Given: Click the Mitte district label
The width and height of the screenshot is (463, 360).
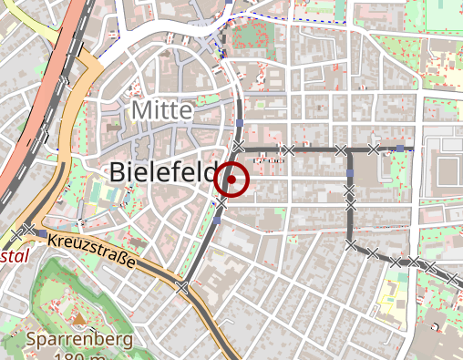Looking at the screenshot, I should [162, 110].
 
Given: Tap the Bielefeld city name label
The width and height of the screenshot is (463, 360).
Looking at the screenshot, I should [161, 172].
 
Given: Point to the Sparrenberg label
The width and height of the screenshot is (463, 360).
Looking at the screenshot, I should [79, 340].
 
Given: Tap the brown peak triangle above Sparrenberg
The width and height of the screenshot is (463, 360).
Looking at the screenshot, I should [79, 320].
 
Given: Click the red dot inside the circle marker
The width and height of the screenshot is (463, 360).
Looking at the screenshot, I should [232, 180].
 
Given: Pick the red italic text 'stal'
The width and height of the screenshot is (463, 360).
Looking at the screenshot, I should [15, 256].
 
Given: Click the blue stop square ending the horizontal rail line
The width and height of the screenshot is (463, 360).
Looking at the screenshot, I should [401, 148].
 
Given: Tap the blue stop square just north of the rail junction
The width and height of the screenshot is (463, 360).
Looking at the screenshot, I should [239, 123].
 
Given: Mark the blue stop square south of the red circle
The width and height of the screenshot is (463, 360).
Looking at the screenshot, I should [217, 220].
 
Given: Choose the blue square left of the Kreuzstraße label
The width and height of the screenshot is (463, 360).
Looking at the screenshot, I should [42, 233].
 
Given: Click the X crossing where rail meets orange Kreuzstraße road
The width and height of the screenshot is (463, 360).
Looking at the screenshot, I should [183, 287].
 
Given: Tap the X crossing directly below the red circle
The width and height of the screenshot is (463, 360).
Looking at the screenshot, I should [223, 201].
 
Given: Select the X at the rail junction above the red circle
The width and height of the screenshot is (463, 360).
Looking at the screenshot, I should [239, 147].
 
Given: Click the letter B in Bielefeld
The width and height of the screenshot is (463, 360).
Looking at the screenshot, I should [118, 172].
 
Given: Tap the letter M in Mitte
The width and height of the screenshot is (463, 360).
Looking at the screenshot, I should [140, 110].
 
